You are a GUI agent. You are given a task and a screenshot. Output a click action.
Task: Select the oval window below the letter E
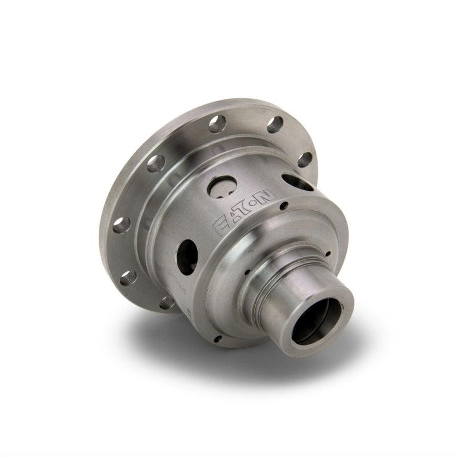pos(187,256)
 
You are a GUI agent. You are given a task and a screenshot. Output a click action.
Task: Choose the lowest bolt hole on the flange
pos(167,302)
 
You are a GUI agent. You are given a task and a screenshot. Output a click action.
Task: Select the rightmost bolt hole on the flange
pos(305,159)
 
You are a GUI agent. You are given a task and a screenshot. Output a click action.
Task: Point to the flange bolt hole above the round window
pos(217,124)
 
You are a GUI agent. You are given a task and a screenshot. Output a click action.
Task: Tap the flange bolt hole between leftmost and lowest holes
pos(128,278)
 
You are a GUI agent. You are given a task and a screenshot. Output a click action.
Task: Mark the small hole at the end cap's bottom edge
pos(218,338)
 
